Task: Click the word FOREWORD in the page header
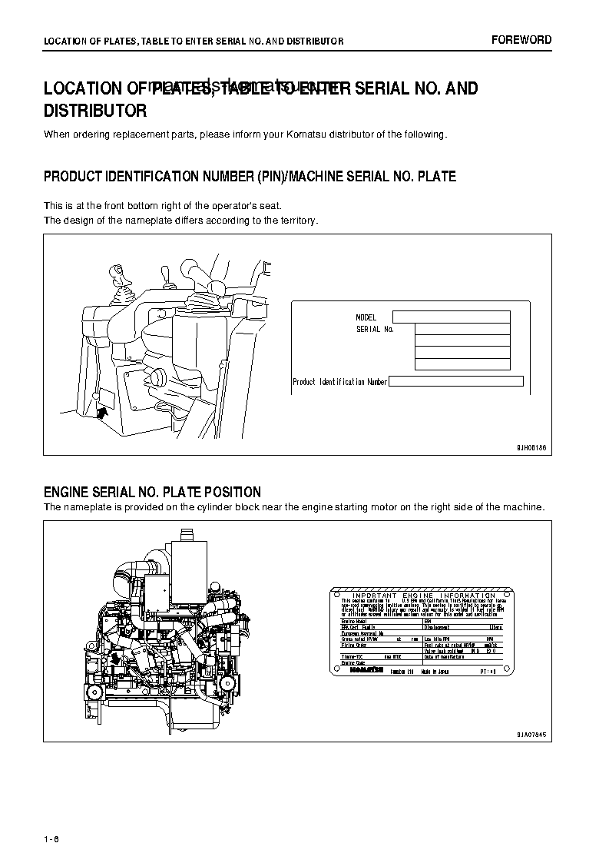(521, 40)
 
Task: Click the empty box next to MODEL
(451, 317)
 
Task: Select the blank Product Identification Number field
(456, 381)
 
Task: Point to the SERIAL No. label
(375, 329)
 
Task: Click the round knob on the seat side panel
(159, 377)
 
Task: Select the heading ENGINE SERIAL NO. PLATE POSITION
(152, 492)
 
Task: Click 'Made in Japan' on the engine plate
(435, 671)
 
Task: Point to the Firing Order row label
(354, 646)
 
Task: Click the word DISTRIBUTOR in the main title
(95, 111)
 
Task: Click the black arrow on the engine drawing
(116, 659)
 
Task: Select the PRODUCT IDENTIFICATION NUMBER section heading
(250, 177)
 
